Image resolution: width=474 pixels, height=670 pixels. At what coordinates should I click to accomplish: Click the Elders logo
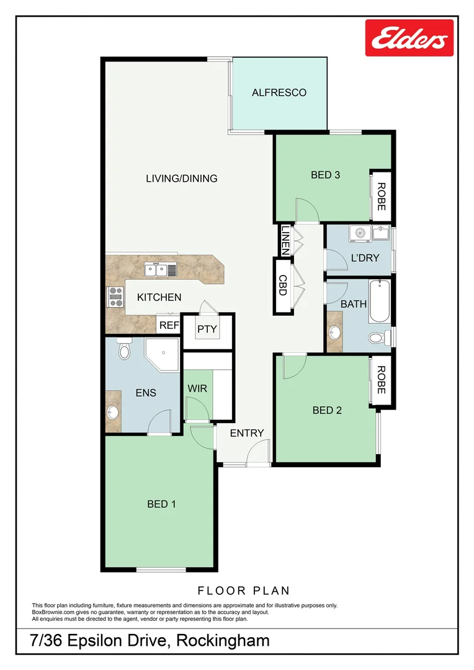pyautogui.click(x=409, y=38)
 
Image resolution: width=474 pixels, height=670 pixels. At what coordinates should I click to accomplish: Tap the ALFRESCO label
pyautogui.click(x=279, y=93)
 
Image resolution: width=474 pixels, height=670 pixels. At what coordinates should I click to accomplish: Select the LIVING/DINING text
pyautogui.click(x=181, y=179)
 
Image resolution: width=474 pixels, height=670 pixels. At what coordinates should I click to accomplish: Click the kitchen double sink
pyautogui.click(x=155, y=269)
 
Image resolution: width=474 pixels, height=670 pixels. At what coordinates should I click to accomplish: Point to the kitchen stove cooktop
pyautogui.click(x=115, y=297)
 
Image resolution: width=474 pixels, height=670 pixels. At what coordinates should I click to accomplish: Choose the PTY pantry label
pyautogui.click(x=207, y=329)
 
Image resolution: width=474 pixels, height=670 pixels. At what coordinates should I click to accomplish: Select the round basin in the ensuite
pyautogui.click(x=113, y=412)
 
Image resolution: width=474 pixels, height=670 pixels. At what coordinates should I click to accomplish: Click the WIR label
pyautogui.click(x=197, y=388)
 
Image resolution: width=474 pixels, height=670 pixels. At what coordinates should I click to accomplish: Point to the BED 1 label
pyautogui.click(x=161, y=504)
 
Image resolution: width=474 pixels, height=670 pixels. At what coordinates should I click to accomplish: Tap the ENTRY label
pyautogui.click(x=247, y=433)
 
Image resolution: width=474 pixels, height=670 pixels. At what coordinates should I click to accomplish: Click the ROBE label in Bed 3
pyautogui.click(x=381, y=196)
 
